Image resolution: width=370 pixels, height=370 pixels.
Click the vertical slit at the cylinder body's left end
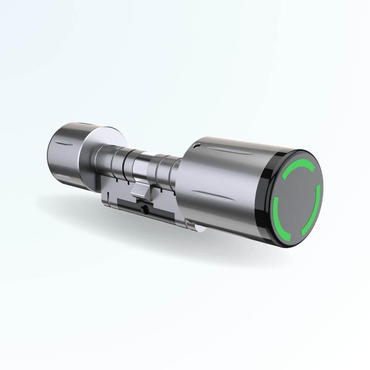pos(105,200)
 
